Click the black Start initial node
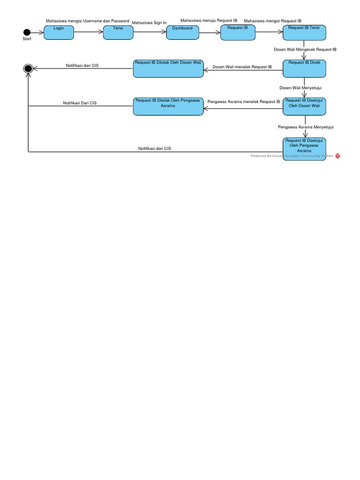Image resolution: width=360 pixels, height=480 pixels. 27,32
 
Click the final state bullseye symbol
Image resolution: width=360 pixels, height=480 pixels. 28,69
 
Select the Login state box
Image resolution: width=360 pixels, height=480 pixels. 59,32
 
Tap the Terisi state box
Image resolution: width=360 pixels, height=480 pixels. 118,32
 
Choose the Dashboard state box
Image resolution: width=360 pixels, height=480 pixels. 182,32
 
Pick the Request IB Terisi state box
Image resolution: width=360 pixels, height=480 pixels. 304,32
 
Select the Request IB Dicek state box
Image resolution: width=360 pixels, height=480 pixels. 304,68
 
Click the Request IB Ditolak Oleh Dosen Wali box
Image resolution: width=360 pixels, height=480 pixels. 168,68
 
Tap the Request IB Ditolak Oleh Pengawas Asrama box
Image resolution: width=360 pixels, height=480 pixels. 168,106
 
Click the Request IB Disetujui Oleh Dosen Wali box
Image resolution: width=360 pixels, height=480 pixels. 304,106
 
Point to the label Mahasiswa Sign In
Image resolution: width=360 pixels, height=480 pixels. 149,22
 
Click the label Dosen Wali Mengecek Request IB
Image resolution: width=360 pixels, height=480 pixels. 305,49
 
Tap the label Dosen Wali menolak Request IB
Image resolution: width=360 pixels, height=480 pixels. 242,67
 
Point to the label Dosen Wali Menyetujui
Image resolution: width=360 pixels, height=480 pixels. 300,88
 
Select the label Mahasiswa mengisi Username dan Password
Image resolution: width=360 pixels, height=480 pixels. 87,21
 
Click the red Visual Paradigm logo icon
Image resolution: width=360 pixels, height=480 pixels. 337,156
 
